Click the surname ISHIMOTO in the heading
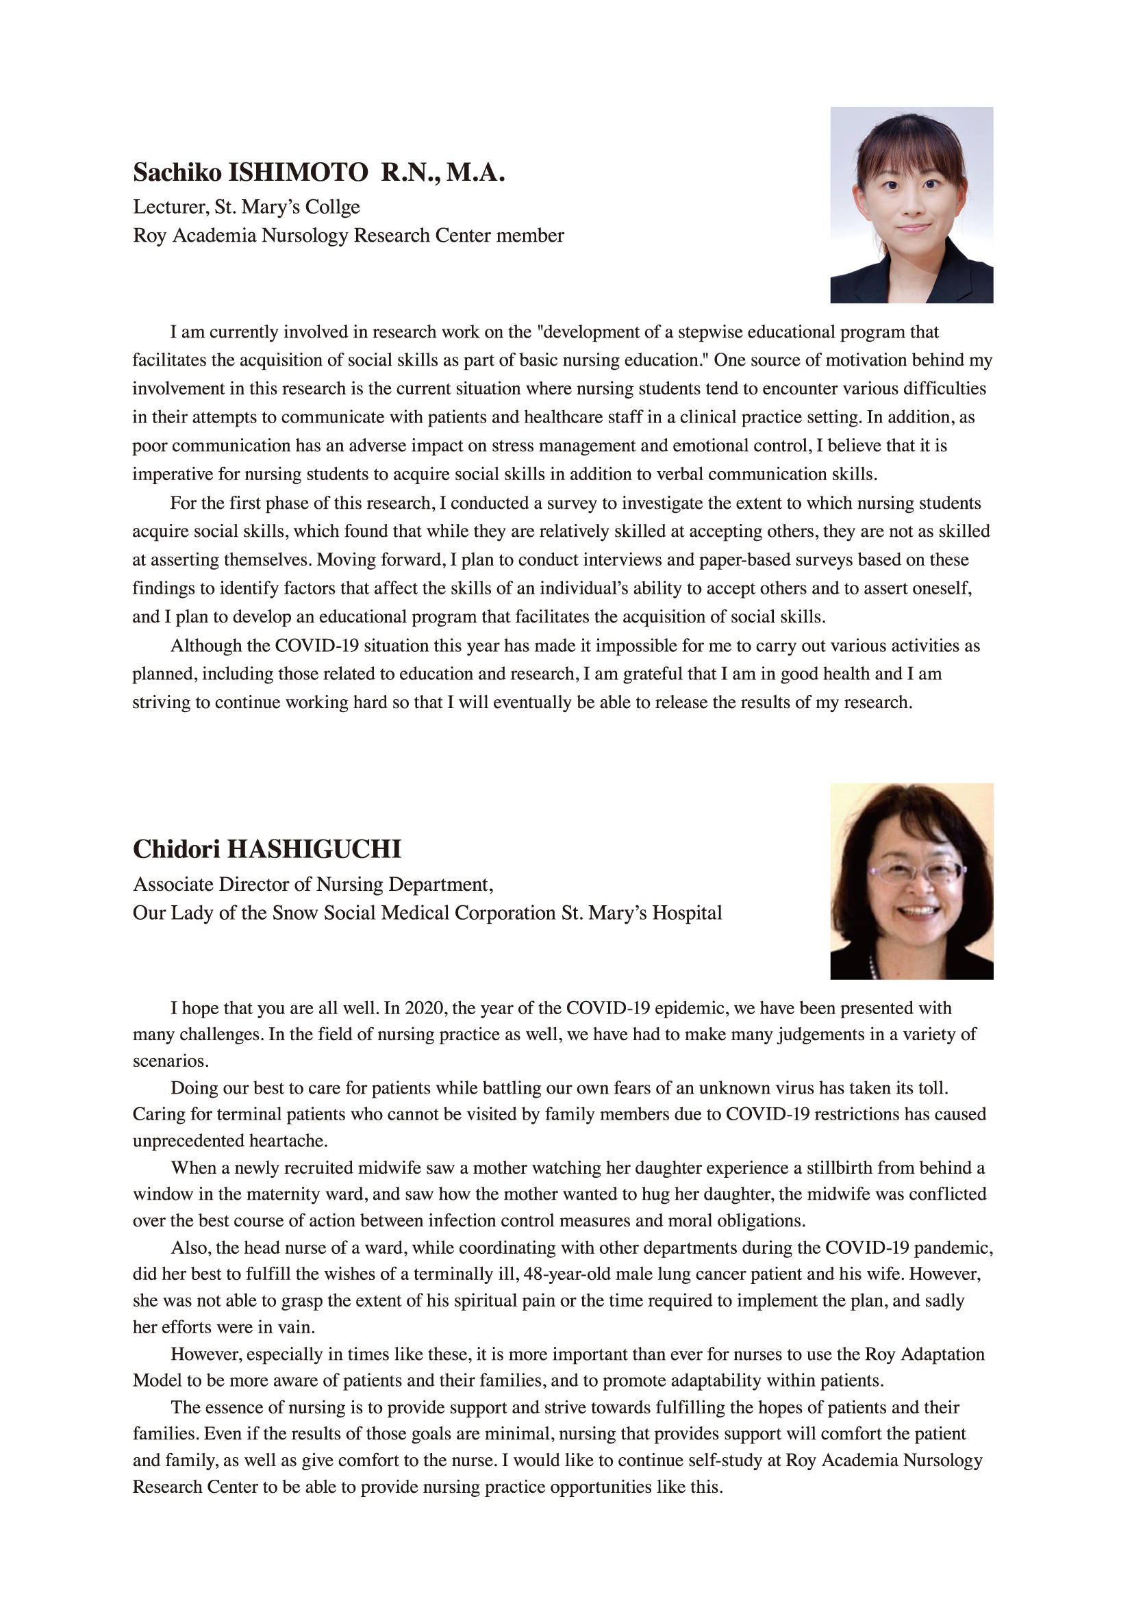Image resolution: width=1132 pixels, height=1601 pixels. click(x=299, y=173)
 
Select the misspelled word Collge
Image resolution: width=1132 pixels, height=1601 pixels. click(x=335, y=207)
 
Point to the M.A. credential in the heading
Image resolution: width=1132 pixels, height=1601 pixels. click(x=476, y=173)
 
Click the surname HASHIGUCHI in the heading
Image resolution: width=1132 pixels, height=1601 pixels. click(x=314, y=849)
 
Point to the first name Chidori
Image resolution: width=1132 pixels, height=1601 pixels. click(x=177, y=849)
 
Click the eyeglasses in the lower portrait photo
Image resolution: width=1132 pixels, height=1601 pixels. click(x=916, y=872)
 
